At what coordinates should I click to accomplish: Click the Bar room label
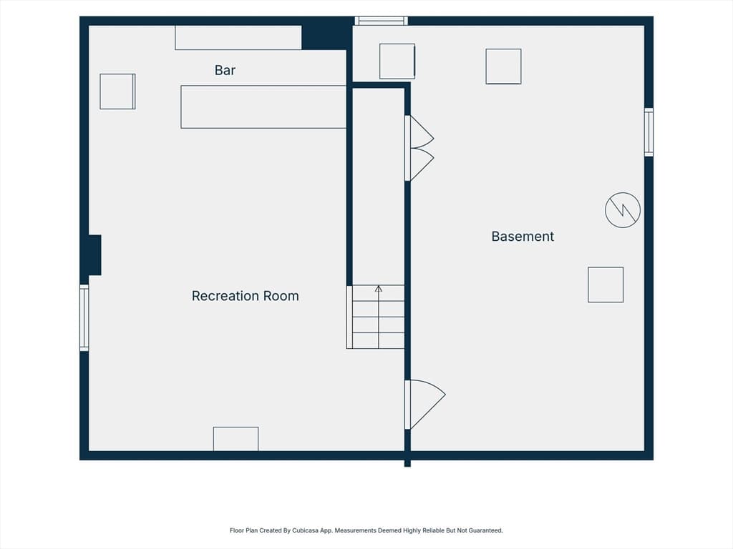225,70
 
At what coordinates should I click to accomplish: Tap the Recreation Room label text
245,296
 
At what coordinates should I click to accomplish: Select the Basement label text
523,236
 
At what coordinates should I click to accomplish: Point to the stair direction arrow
379,317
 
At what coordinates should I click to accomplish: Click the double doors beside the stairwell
419,148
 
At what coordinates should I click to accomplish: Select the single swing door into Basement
425,405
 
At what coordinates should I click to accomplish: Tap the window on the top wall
381,21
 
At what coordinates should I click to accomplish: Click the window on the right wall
649,132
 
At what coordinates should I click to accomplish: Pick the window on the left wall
84,318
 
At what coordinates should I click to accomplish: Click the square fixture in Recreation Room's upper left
117,91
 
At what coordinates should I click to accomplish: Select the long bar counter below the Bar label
263,107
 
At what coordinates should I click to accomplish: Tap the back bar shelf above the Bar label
238,38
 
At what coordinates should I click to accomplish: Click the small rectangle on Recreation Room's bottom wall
236,439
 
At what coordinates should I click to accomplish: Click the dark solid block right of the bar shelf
324,38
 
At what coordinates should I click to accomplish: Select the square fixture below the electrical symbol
606,285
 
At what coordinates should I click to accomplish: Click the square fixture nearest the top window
397,61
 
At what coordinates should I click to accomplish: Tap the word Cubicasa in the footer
305,530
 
